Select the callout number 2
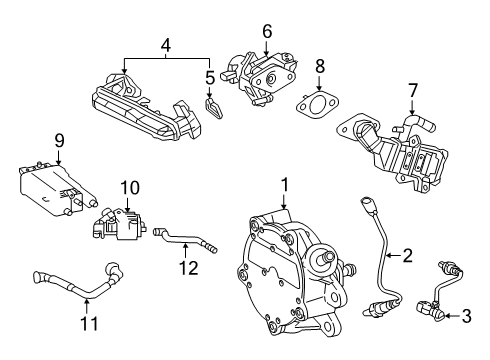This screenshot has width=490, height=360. [x=407, y=256]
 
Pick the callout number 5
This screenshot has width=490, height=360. [x=209, y=76]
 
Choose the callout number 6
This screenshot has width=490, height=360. [x=267, y=32]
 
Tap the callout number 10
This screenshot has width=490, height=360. [x=127, y=187]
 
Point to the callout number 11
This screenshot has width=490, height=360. [x=85, y=324]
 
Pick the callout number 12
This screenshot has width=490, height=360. [x=183, y=266]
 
